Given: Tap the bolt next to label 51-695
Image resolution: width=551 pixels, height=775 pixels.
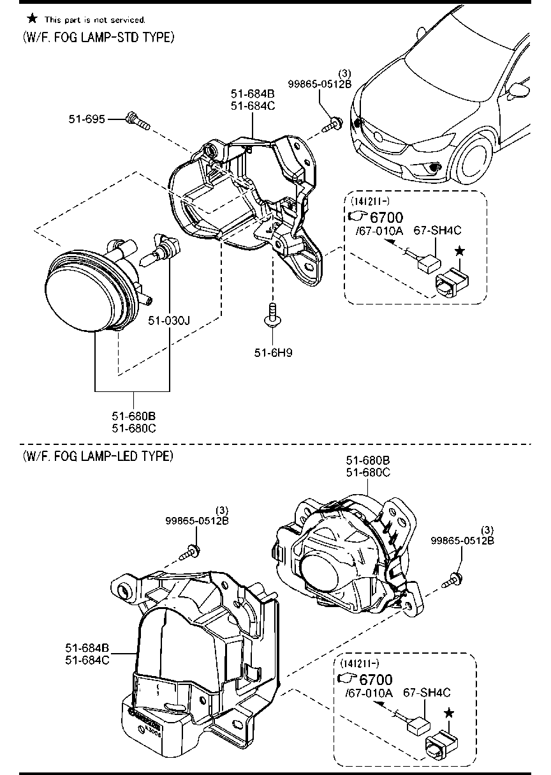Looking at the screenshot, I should pyautogui.click(x=137, y=121).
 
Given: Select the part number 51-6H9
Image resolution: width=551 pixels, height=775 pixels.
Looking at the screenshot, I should pyautogui.click(x=272, y=351).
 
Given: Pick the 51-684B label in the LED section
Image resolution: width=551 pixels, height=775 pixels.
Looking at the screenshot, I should pyautogui.click(x=87, y=648).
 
